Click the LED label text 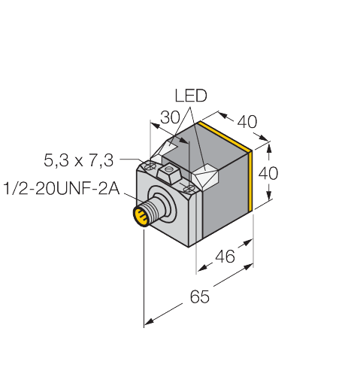[x=191, y=96]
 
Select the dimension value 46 [x=225, y=257]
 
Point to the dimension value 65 [x=200, y=296]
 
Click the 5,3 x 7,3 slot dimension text [x=78, y=160]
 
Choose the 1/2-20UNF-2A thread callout [x=62, y=187]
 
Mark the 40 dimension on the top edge [x=246, y=121]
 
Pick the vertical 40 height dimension [x=268, y=173]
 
